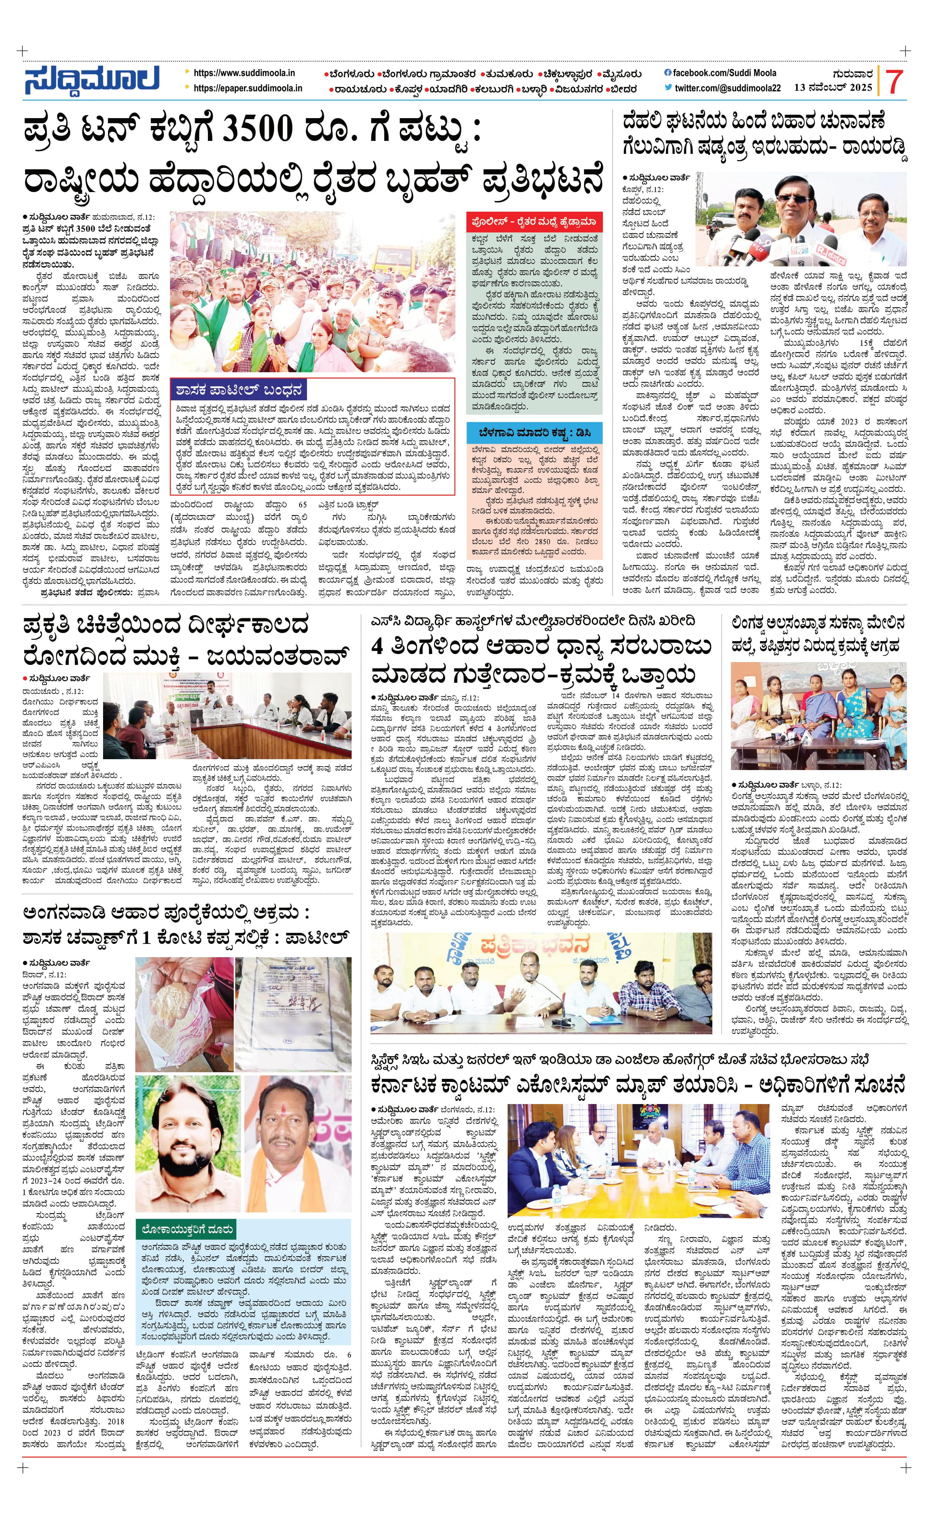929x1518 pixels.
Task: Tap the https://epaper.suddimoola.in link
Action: [x=247, y=88]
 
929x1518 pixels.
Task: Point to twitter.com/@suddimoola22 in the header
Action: [x=727, y=88]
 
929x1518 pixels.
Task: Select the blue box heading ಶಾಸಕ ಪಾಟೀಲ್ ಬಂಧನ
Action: [x=239, y=390]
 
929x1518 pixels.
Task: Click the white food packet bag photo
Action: [x=293, y=1013]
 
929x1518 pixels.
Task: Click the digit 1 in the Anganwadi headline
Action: [x=146, y=938]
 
